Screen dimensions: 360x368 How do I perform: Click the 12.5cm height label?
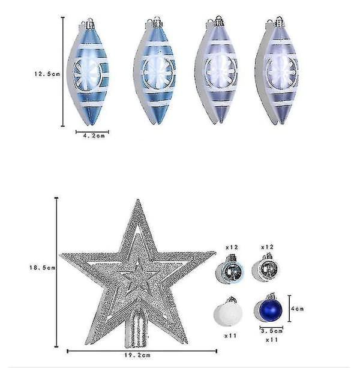click(47, 74)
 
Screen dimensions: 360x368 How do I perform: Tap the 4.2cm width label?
click(94, 136)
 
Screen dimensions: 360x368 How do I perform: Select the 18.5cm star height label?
click(42, 268)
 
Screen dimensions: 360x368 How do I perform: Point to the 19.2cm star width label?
click(137, 355)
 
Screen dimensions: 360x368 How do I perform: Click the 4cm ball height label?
click(298, 309)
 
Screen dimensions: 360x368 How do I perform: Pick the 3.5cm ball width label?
click(272, 331)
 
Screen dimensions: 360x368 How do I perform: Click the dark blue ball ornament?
click(270, 308)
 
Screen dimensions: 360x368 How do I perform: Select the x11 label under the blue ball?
click(272, 340)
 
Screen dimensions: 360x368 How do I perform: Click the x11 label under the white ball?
click(230, 336)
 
